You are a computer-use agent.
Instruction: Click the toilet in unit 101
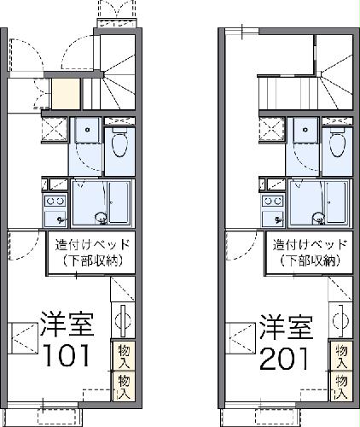click(119, 143)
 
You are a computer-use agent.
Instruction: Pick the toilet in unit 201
click(339, 143)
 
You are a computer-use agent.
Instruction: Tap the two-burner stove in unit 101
click(56, 202)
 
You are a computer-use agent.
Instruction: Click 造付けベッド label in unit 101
click(91, 245)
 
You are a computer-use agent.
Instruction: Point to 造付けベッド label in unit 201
click(310, 245)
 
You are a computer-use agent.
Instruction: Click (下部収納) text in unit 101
click(91, 260)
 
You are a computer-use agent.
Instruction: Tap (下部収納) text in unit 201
click(310, 260)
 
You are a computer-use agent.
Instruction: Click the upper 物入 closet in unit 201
click(341, 354)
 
